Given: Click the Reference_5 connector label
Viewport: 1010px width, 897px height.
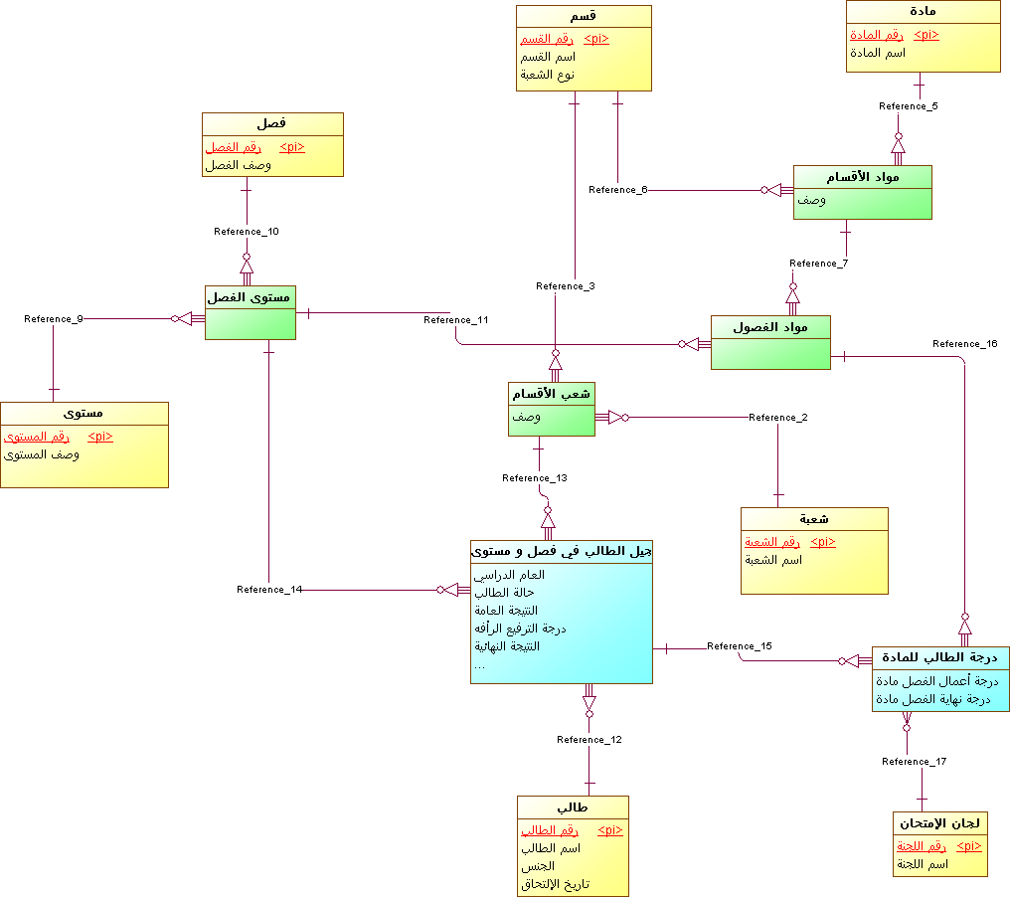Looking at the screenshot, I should click(908, 106).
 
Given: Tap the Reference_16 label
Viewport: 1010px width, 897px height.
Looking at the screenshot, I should click(964, 344).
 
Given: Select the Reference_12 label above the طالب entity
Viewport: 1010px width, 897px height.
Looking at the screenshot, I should click(589, 740).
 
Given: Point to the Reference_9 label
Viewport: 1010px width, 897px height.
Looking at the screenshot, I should click(54, 319).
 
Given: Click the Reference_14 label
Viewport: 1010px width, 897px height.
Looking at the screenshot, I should click(269, 590).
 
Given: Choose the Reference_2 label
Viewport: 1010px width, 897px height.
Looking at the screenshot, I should click(777, 418).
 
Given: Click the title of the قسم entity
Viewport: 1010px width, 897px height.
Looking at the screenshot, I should click(584, 17).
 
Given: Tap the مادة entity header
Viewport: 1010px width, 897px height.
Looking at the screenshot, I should click(923, 12).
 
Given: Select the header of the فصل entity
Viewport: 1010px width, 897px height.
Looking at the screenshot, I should click(272, 123).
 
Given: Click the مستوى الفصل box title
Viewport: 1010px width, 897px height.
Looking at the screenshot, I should click(250, 296).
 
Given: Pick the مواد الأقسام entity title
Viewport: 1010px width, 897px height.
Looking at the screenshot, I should click(862, 177).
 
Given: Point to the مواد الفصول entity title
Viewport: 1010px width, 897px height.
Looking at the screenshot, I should click(769, 327).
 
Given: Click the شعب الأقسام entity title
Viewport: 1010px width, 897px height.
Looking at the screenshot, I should click(552, 394).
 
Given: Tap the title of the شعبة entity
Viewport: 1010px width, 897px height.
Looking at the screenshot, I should click(814, 519).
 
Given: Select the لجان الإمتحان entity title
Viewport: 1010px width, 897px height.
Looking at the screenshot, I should click(939, 822).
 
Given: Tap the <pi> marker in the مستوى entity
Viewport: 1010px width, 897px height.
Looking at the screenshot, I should click(100, 437).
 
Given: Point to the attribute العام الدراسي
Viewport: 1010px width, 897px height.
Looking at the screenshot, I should click(512, 575).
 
